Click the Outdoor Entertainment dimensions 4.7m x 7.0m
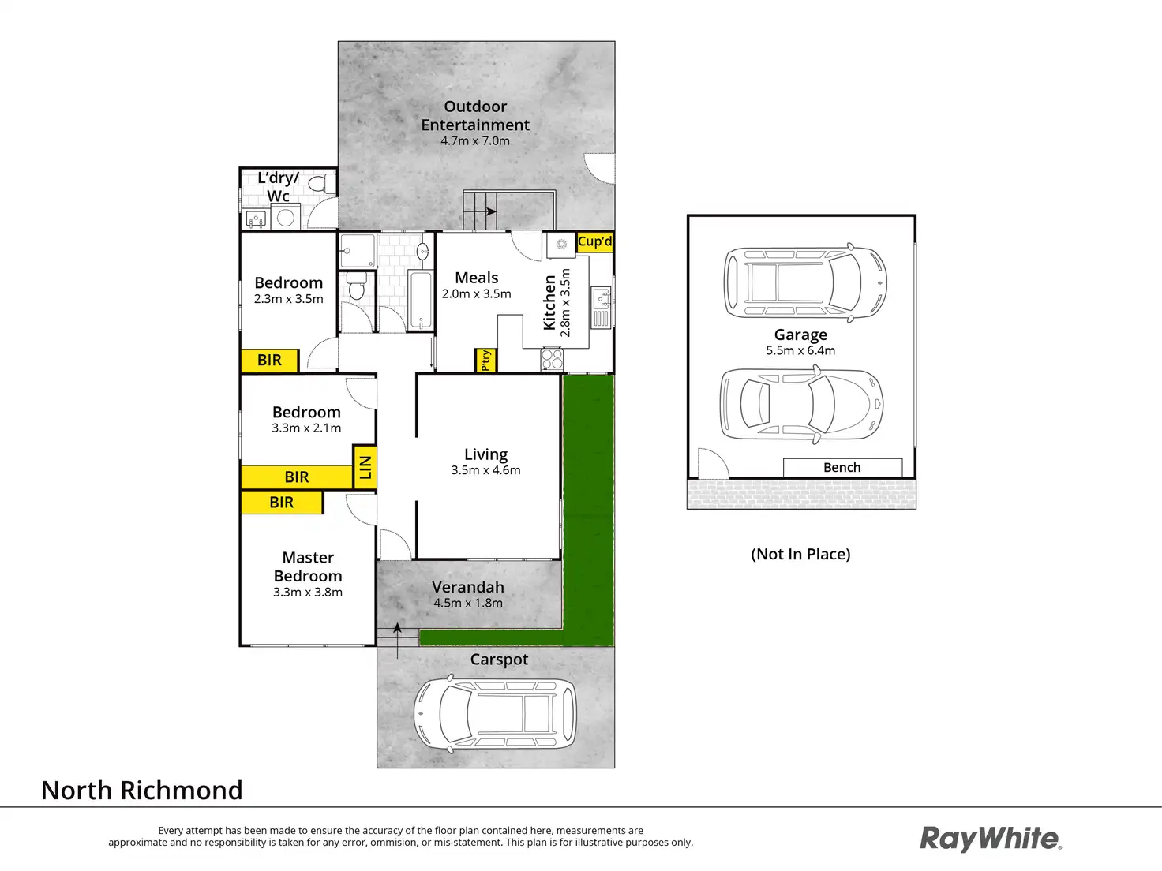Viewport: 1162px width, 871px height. coord(475,141)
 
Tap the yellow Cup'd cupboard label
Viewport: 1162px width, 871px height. coord(594,241)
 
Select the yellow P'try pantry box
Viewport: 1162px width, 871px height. coord(485,360)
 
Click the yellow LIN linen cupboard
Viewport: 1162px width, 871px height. coord(365,467)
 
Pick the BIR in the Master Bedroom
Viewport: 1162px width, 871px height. coord(282,503)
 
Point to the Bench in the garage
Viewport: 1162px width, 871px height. coord(842,468)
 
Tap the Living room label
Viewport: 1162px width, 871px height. coord(485,454)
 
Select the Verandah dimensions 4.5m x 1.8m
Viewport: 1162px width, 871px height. coord(468,604)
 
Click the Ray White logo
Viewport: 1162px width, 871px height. coord(991,839)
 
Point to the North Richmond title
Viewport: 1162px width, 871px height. coord(142,791)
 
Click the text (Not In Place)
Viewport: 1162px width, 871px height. coord(800,554)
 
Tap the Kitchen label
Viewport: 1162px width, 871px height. coord(549,302)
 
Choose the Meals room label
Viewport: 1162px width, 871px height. coord(477,278)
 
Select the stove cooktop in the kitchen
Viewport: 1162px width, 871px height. coord(552,360)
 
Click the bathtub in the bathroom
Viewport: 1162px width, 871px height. coord(422,300)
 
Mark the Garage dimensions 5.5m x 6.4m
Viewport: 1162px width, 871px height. coord(800,351)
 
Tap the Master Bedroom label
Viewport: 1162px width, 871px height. coord(308,566)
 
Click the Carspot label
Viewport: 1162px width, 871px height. coord(499,660)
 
